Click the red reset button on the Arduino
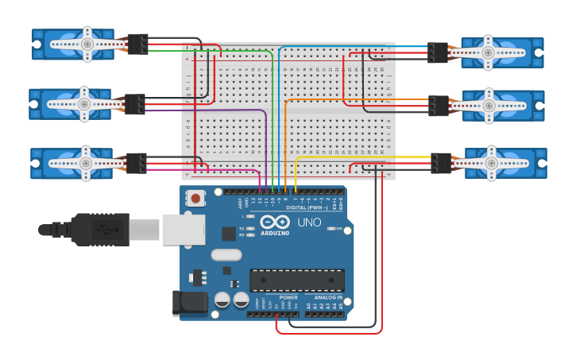pos(195,198)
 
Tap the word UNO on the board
pos(309,223)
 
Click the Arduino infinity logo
pos(275,223)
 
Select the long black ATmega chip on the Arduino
pos(297,280)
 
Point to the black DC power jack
pos(189,303)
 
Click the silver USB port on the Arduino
pos(184,229)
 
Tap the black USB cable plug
pos(100,229)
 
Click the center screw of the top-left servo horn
pos(87,45)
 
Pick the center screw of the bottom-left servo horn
pos(85,162)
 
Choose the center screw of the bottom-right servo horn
pos(493,163)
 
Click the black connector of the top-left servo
pos(137,45)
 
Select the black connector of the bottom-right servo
pos(441,163)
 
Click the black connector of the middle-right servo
pos(439,105)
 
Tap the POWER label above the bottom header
pos(288,297)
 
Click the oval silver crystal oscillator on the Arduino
pos(226,255)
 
